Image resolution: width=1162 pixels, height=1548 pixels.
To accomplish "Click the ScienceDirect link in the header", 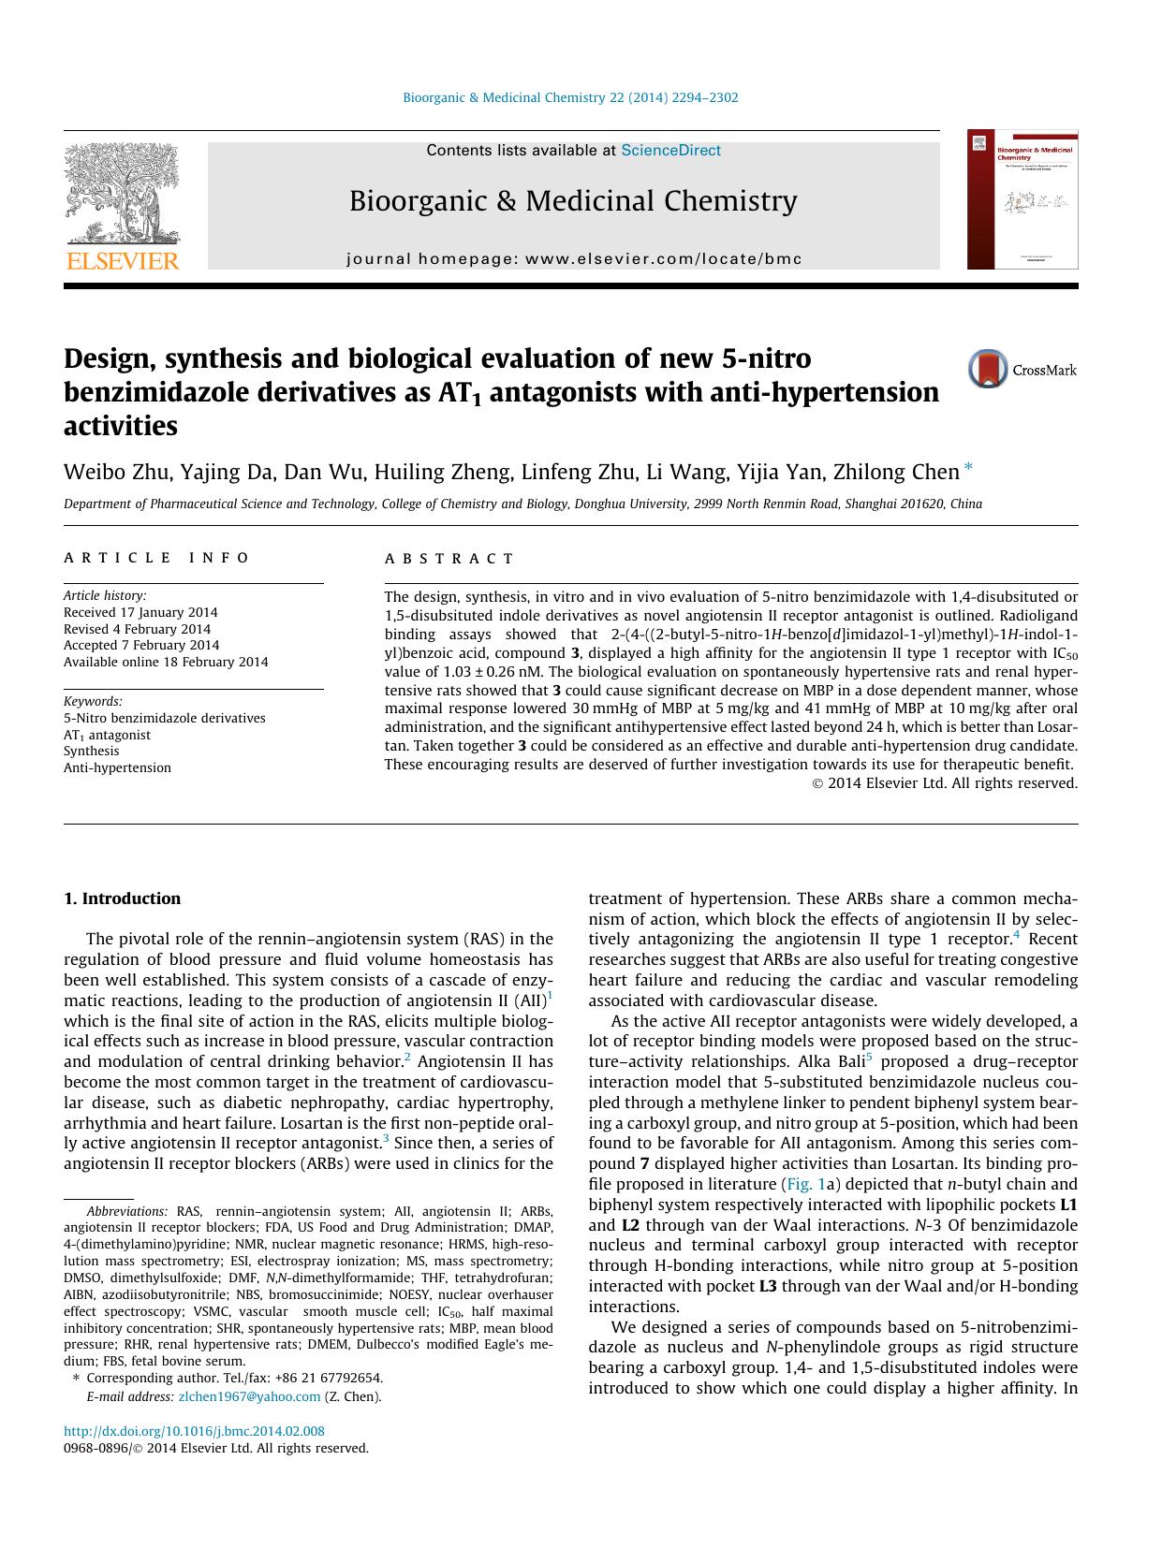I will click(670, 150).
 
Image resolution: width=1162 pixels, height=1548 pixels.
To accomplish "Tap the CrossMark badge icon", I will click(988, 369).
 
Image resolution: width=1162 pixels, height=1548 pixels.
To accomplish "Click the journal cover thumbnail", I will click(1022, 199).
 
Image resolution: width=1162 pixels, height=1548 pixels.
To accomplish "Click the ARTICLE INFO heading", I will click(156, 558).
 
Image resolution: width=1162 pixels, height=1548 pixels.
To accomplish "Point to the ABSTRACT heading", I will click(449, 559).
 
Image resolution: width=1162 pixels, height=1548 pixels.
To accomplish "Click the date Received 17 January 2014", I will click(140, 612).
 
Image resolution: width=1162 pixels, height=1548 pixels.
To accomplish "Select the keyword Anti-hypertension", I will click(117, 767).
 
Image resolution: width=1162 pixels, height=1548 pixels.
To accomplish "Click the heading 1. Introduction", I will click(122, 898).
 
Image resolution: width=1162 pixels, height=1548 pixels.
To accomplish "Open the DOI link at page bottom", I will click(194, 1431).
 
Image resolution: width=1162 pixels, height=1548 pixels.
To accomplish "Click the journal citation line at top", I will click(569, 97).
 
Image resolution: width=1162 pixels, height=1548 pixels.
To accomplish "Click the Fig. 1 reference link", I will click(802, 1184).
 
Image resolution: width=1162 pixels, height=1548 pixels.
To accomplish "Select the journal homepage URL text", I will click(573, 259).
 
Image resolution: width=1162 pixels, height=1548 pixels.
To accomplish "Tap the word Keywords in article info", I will click(93, 701).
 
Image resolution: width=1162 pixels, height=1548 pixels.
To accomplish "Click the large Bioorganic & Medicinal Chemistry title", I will click(573, 201).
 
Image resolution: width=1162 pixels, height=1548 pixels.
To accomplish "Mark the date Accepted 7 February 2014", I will click(140, 645).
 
